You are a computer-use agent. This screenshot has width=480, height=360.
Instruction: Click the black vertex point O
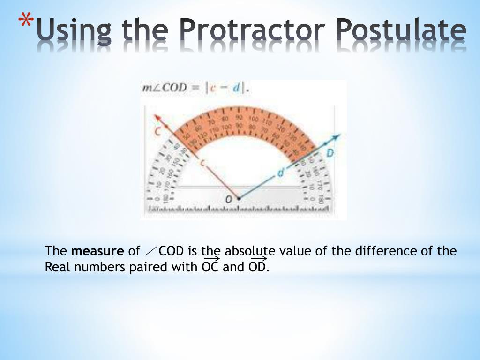click(x=239, y=199)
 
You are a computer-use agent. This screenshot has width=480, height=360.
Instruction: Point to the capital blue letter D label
click(x=330, y=153)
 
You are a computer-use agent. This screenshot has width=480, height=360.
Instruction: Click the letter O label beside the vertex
click(x=229, y=199)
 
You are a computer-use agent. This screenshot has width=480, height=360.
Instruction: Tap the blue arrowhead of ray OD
click(x=336, y=137)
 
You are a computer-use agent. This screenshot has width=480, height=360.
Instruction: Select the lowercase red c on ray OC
click(x=202, y=163)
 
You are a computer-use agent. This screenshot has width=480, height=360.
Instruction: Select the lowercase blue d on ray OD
click(x=280, y=172)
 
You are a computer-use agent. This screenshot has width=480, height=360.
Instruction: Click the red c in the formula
click(x=212, y=89)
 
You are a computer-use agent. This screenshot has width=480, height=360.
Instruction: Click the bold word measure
click(x=97, y=251)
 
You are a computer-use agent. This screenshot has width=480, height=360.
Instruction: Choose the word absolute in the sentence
click(x=250, y=251)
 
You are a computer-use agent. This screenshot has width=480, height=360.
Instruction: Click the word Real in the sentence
click(x=56, y=267)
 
